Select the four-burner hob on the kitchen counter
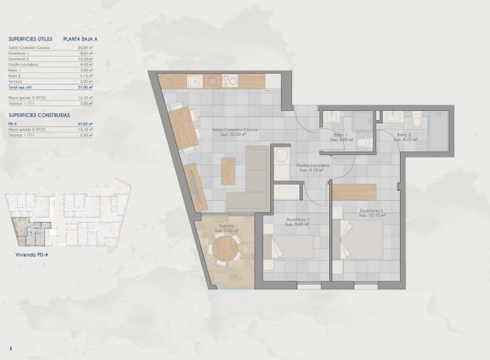pyautogui.click(x=231, y=80)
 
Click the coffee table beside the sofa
pyautogui.click(x=228, y=171)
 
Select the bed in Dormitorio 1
pyautogui.click(x=290, y=247)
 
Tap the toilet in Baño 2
pyautogui.click(x=416, y=119)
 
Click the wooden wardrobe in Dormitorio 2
pyautogui.click(x=355, y=192)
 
